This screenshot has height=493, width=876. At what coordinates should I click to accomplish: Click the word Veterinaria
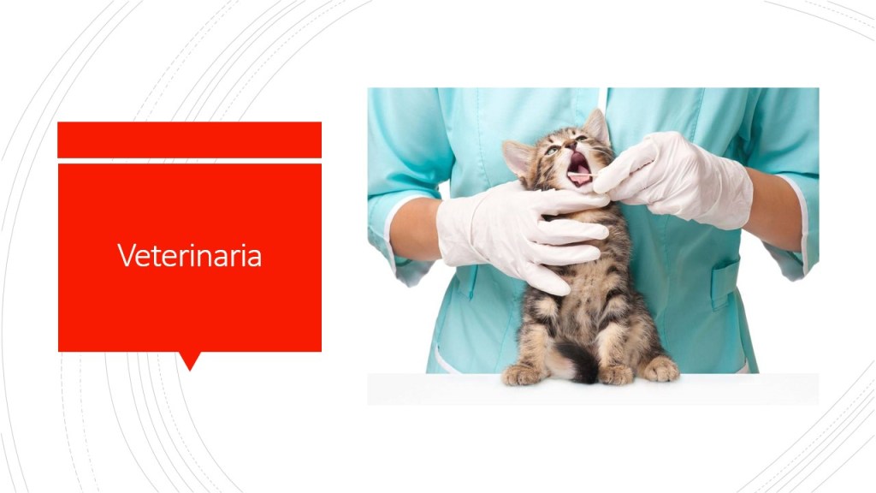pos(189,255)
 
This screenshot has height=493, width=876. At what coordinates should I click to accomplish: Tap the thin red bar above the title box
pos(189,140)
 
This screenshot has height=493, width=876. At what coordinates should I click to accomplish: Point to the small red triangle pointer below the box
pos(190,361)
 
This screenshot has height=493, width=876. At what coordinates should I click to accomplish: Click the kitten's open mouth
pos(579,169)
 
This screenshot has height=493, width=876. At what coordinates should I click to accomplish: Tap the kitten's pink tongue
pos(579,179)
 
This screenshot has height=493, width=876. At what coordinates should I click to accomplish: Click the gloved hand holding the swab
pos(675,180)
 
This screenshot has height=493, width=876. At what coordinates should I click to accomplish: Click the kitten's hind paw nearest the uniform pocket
pos(660,369)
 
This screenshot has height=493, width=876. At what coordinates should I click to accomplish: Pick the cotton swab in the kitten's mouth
pos(582,176)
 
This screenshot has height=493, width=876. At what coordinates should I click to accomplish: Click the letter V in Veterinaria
pos(126,255)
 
